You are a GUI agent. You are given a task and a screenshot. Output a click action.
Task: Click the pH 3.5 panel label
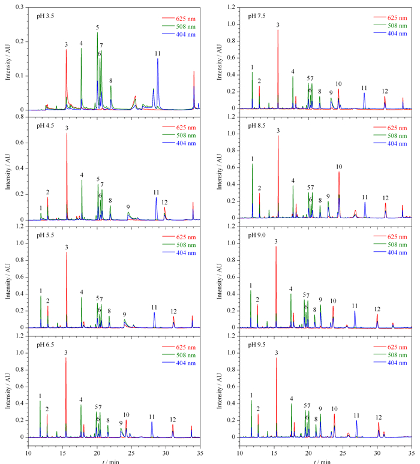coord(46,16)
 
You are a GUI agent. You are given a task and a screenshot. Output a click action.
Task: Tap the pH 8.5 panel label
coord(257,125)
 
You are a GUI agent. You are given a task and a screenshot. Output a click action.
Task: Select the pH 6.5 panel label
coord(46,345)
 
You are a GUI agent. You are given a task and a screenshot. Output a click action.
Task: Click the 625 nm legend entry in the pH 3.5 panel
coord(179,19)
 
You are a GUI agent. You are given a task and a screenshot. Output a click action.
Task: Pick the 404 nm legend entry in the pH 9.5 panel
coord(391,363)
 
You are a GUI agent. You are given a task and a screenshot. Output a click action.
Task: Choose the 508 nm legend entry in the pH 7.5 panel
coord(391,26)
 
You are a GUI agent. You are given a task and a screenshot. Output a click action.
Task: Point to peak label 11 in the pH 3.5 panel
coord(158,53)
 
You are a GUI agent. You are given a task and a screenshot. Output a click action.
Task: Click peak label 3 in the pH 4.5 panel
coord(67,128)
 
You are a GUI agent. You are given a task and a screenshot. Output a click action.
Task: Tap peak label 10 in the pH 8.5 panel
coord(339,167)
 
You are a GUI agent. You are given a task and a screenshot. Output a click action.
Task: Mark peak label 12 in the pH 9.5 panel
coord(379,418)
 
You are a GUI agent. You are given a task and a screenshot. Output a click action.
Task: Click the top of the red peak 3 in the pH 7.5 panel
coord(278,30)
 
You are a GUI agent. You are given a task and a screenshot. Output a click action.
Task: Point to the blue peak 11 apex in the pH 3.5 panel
coord(158,59)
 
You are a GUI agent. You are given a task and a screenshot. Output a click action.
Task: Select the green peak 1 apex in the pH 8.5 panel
coord(253,164)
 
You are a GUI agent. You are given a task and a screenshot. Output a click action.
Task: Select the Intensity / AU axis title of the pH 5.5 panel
coord(8,281)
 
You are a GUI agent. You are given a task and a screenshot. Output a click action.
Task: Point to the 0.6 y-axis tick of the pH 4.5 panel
coord(20,143)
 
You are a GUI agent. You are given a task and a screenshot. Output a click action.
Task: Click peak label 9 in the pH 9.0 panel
coord(320,300)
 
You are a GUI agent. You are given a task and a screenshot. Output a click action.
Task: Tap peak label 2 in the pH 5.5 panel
coord(47,301)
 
